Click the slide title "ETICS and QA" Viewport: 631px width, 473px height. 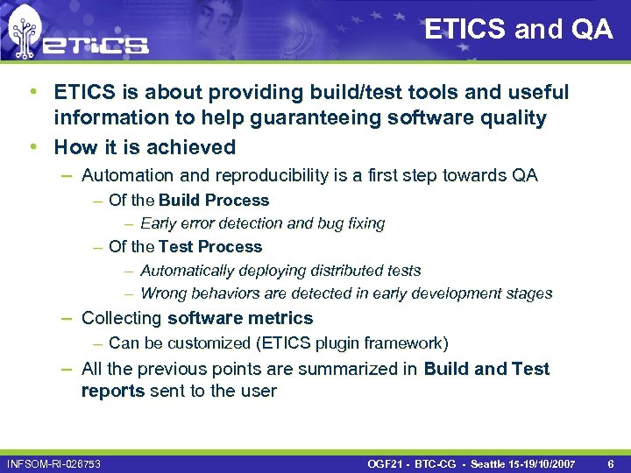(x=519, y=29)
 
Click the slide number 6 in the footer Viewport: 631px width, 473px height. (x=610, y=462)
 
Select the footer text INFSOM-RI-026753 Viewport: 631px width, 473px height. (x=53, y=462)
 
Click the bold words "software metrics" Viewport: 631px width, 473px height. (x=239, y=318)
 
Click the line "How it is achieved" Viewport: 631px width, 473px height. (x=145, y=147)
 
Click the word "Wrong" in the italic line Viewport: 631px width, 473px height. (x=163, y=293)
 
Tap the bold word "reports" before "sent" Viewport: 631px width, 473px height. (x=113, y=391)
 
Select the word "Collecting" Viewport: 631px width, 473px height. (x=122, y=318)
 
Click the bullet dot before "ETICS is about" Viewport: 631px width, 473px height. (x=32, y=91)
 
